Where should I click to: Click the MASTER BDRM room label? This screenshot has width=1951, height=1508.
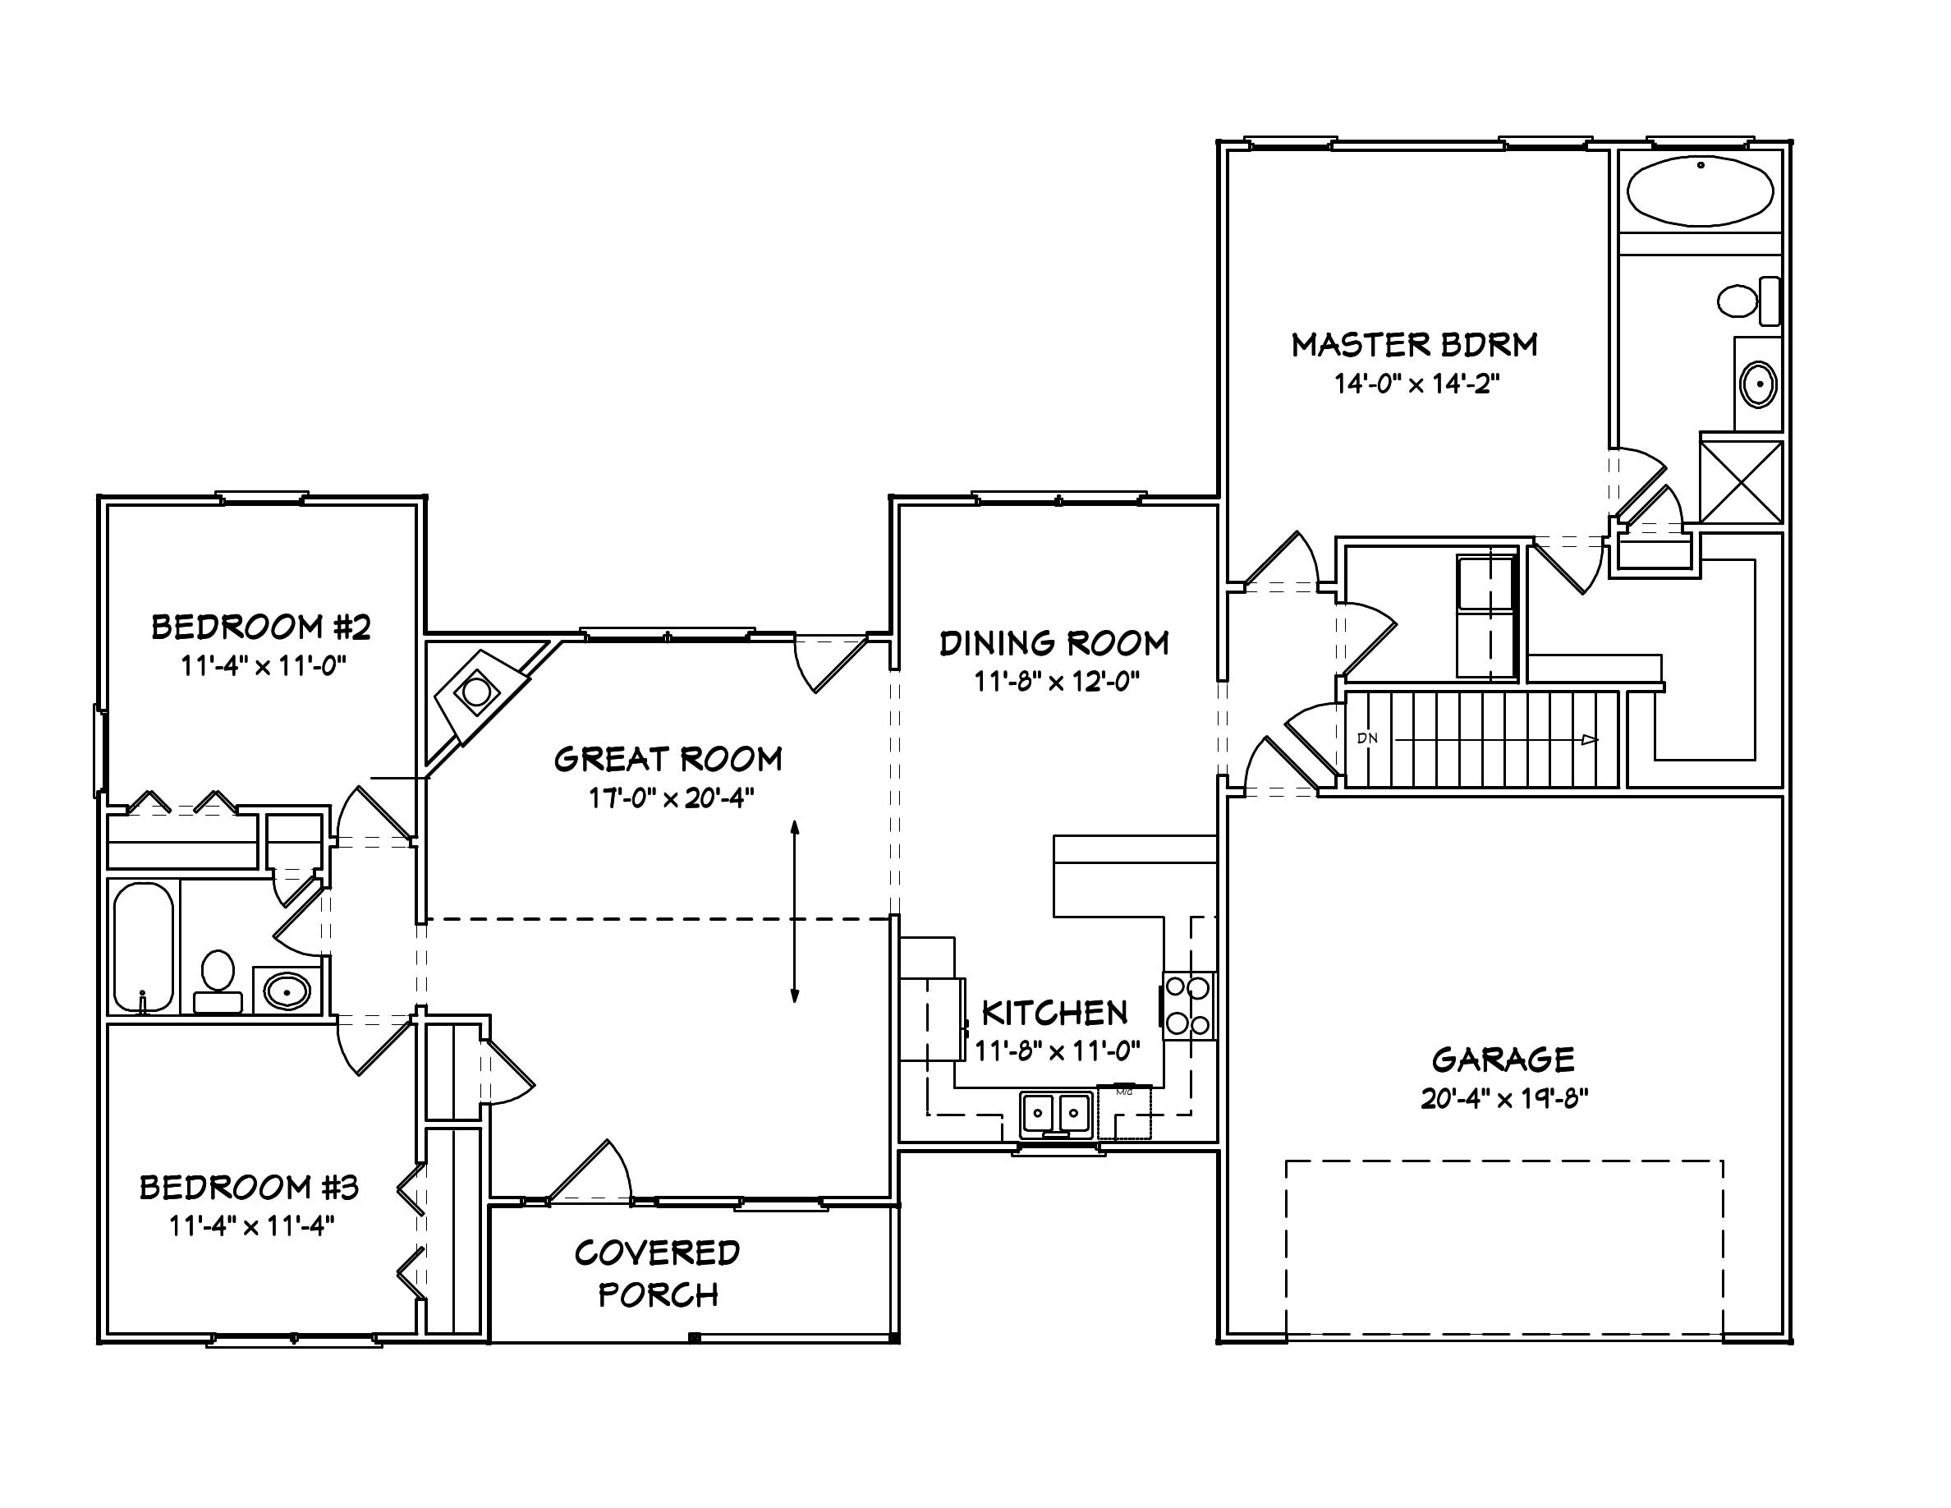(x=1414, y=345)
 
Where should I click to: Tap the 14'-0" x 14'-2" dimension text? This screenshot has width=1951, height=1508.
(x=1416, y=384)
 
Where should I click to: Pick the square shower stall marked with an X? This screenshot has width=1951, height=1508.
(x=1741, y=481)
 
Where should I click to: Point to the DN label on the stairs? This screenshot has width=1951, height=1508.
(x=1367, y=738)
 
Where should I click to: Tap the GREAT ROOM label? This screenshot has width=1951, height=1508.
(x=668, y=760)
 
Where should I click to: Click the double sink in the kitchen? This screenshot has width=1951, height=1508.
(x=1056, y=1113)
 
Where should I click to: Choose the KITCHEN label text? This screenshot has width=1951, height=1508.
(x=1054, y=1013)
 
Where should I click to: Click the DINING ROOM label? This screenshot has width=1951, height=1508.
(x=1054, y=643)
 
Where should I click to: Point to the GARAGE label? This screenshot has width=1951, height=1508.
(x=1503, y=1060)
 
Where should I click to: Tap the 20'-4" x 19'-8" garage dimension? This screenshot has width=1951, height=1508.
(x=1504, y=1099)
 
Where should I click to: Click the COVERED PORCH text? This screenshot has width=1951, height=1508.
(x=658, y=1273)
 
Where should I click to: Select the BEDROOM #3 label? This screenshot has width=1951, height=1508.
(x=250, y=1188)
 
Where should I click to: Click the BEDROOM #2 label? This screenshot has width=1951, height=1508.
(x=261, y=628)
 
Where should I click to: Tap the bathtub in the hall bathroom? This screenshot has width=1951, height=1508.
(x=143, y=947)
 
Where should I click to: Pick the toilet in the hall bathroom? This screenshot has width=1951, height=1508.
(x=217, y=981)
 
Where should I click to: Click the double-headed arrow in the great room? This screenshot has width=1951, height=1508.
(x=794, y=911)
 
